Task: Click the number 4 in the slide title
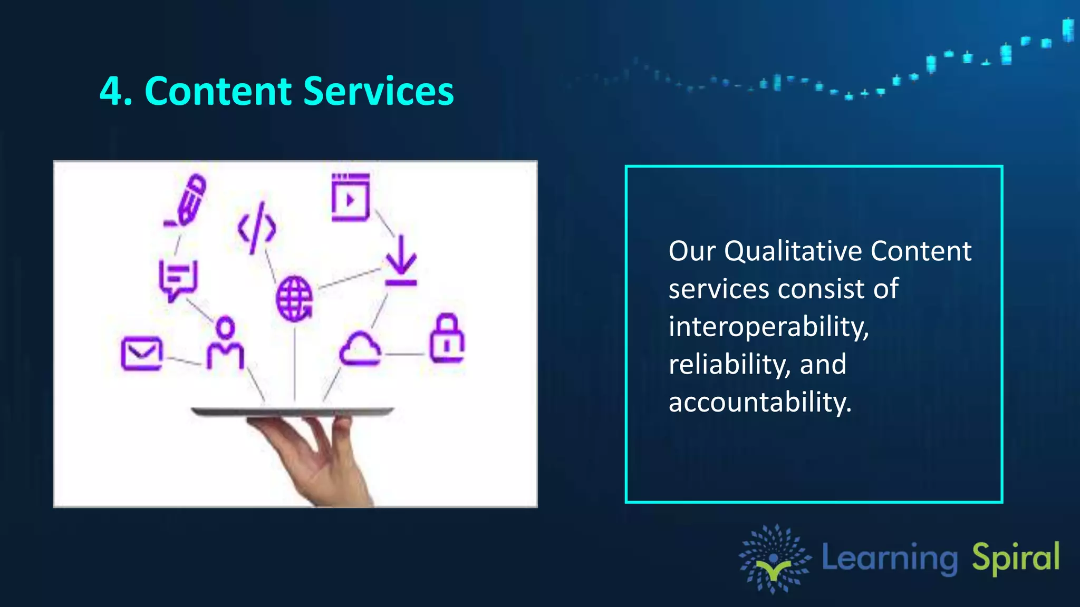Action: point(112,92)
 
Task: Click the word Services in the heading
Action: point(378,92)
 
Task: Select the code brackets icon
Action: point(257,228)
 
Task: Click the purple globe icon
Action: point(294,299)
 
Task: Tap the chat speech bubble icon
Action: point(178,280)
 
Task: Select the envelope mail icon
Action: point(141,353)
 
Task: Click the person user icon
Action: point(225,344)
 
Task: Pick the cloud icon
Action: point(360,349)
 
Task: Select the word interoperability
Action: point(768,327)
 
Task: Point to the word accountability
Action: point(759,403)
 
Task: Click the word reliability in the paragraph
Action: point(730,365)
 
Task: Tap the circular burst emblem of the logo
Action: point(774,559)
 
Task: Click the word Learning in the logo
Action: point(890,559)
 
